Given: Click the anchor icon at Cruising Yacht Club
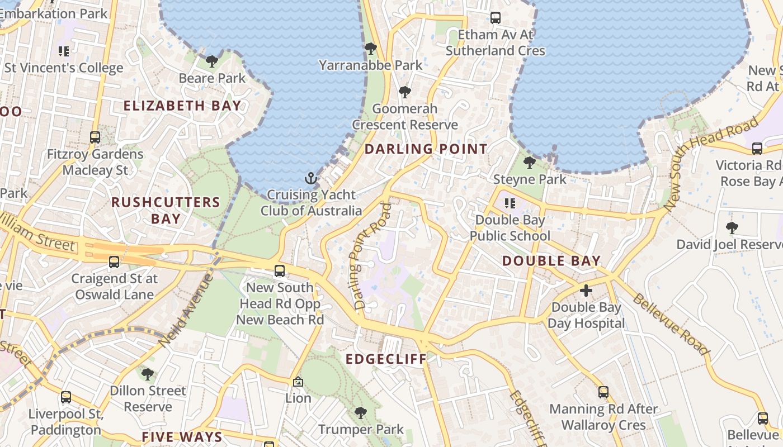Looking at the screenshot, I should click(x=310, y=179).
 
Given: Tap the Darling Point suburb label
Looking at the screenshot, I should click(x=426, y=149).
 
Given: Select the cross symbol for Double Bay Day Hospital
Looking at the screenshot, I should click(x=586, y=291).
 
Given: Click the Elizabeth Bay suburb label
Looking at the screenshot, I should click(x=182, y=106).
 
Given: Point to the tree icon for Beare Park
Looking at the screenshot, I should click(x=211, y=61).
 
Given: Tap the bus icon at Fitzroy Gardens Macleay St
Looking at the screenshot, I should click(x=95, y=137).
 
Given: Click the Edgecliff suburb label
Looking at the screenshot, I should click(x=386, y=359).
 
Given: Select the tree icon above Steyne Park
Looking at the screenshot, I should click(x=529, y=163).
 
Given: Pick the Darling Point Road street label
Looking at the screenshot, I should click(x=371, y=256).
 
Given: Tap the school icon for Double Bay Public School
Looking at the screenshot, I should click(x=510, y=203).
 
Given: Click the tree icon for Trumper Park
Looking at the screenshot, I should click(x=361, y=413).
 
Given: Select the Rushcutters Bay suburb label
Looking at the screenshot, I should click(x=166, y=210).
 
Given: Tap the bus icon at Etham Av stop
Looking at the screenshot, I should click(x=495, y=18).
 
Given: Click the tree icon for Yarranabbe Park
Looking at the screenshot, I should click(x=370, y=49).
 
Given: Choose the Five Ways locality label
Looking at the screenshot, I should click(x=182, y=437).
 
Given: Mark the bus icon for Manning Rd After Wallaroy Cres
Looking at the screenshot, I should click(x=603, y=392).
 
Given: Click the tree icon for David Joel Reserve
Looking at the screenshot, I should click(x=732, y=228).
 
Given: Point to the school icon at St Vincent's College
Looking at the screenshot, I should click(x=64, y=51).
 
